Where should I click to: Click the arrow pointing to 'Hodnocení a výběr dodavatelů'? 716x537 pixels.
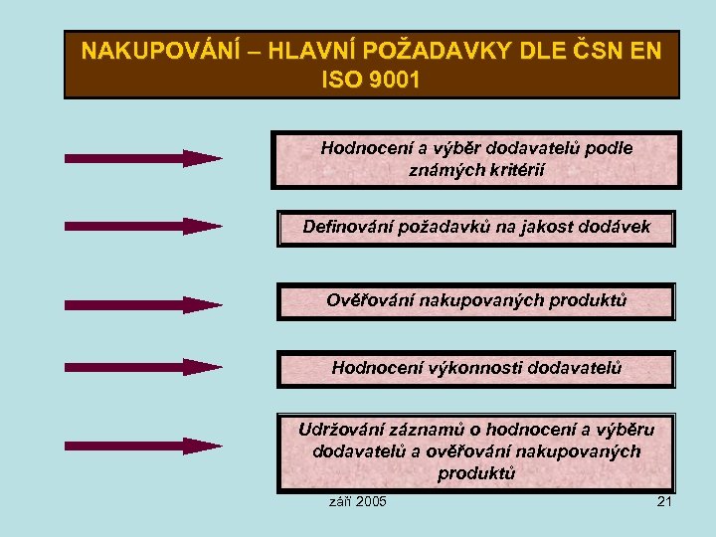click(x=143, y=158)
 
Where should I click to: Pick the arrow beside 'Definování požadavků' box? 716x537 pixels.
click(x=143, y=226)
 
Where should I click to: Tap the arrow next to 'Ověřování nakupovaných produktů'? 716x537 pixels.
click(x=143, y=304)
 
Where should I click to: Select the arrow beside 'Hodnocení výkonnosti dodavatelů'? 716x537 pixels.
click(x=143, y=367)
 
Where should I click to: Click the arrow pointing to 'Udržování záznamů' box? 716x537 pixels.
click(x=143, y=446)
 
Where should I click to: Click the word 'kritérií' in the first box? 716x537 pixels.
click(x=513, y=170)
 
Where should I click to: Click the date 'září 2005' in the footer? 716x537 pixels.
click(x=358, y=500)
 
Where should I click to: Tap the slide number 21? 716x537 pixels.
click(x=664, y=500)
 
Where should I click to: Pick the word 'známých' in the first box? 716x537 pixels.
click(x=445, y=170)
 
